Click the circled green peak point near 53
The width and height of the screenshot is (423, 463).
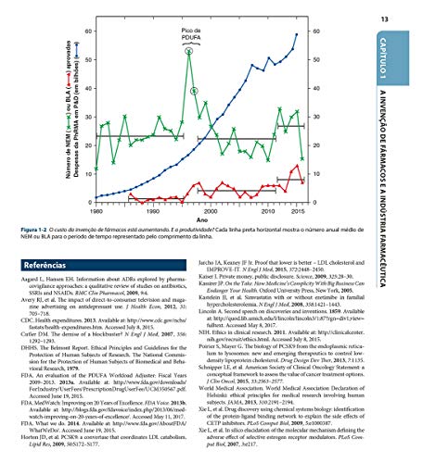[188, 53]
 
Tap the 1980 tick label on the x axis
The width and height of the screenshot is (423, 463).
[97, 212]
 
